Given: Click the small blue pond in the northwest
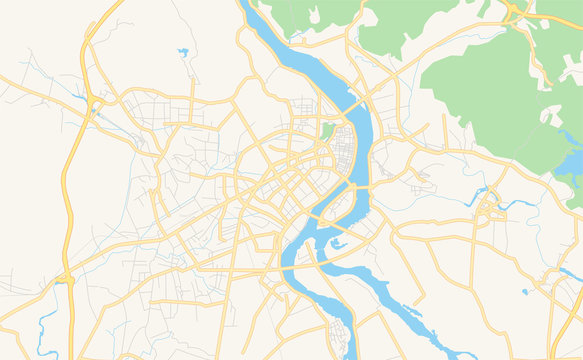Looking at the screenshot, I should point(183,52).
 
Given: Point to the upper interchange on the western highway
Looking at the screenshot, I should point(95,102).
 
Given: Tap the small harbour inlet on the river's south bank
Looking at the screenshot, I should point(337,243).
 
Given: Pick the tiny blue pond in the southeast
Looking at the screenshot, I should point(524,292).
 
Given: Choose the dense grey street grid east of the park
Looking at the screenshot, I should point(345,150).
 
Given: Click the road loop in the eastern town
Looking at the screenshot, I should point(489,210).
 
